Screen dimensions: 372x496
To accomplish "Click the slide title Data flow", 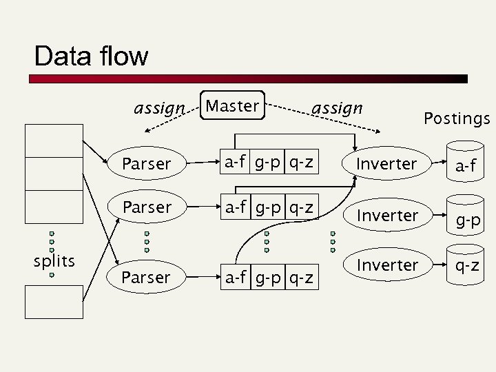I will coord(90,56).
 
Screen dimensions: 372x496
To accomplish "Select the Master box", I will coord(232,106).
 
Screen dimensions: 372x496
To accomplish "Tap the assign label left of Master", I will coord(159,108).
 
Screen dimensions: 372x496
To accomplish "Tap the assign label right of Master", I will coord(337,108).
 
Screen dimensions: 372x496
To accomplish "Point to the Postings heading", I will coord(457,118).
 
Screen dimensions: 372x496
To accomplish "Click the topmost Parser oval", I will coord(147,164).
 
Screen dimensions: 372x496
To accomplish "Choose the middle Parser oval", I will coord(147,207).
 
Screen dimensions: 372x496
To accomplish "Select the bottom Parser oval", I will coord(147,277).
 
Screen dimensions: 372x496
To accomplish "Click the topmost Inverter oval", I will coord(388,164).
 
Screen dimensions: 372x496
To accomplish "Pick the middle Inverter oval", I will coord(388,215).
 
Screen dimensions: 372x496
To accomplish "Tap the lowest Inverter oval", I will coord(388,265).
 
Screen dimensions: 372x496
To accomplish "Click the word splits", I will coord(54,261).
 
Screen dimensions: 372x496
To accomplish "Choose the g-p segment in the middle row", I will coord(267,207).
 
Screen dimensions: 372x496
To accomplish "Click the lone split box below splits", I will coord(54,302).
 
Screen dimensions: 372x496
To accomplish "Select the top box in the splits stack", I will coord(54,141).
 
